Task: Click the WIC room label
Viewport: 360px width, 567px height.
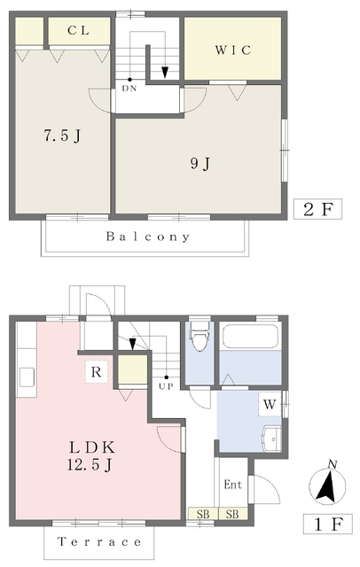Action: (x=233, y=50)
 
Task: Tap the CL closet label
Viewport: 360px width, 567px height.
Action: (x=79, y=30)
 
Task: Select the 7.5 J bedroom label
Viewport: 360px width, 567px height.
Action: (x=62, y=136)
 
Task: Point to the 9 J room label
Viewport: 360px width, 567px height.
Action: (x=200, y=164)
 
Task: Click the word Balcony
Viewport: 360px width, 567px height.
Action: (x=147, y=237)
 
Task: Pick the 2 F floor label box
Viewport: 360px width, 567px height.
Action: (x=317, y=209)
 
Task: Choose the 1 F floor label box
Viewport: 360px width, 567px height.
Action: (x=328, y=524)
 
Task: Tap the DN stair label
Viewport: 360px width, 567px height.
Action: (x=129, y=89)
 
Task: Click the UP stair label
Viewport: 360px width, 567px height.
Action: (x=166, y=386)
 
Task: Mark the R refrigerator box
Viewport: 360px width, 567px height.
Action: (x=97, y=372)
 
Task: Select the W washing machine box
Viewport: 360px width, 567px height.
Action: (x=270, y=404)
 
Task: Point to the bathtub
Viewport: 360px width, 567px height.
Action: (x=250, y=337)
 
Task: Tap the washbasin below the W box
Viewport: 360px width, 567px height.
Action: (x=272, y=439)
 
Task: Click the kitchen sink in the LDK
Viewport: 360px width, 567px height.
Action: (x=27, y=377)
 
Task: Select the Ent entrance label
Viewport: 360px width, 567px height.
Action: (x=232, y=485)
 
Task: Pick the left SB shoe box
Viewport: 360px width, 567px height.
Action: (x=203, y=514)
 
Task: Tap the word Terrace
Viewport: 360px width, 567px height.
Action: (x=99, y=542)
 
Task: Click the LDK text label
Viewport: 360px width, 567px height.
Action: (x=92, y=447)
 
